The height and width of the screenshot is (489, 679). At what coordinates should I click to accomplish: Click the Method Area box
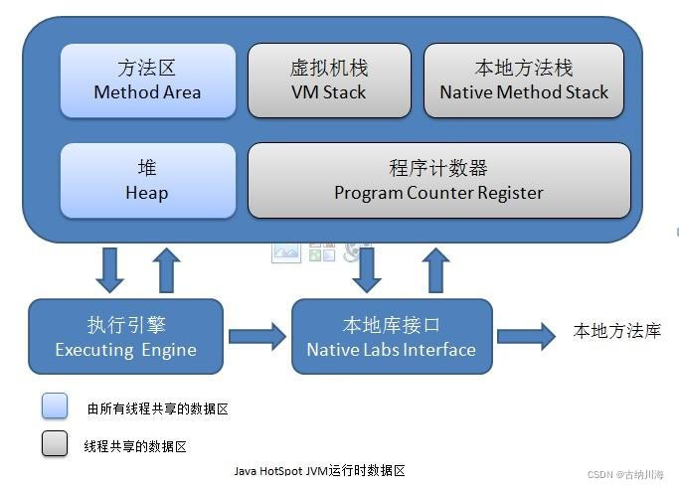tap(147, 81)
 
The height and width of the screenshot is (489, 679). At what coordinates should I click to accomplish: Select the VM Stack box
tap(328, 81)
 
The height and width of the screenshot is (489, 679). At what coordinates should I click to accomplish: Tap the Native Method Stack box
tap(524, 81)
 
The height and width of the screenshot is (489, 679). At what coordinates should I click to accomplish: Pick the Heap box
tap(147, 180)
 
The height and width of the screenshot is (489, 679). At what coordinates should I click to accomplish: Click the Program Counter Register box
tap(438, 180)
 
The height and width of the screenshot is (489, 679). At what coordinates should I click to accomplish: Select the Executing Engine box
tap(125, 337)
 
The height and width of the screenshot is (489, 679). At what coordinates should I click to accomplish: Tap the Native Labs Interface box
tap(391, 337)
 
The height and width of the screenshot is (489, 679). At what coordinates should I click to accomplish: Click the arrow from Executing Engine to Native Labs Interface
tap(256, 337)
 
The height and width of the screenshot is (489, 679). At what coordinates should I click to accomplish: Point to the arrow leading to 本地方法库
tap(525, 335)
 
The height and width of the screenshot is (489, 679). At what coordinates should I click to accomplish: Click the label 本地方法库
tap(617, 332)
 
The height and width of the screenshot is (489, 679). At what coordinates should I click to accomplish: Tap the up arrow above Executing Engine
tap(167, 268)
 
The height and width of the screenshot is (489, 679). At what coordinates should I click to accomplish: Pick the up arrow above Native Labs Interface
tap(433, 268)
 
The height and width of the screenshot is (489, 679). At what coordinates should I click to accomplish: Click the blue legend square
tap(55, 406)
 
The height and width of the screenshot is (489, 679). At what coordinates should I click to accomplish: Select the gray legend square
tap(55, 444)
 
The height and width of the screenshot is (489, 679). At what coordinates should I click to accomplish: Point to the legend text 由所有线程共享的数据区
tap(158, 407)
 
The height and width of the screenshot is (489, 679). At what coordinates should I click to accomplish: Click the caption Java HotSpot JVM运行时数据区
tap(319, 470)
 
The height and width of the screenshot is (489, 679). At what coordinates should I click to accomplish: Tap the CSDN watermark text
tap(627, 476)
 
